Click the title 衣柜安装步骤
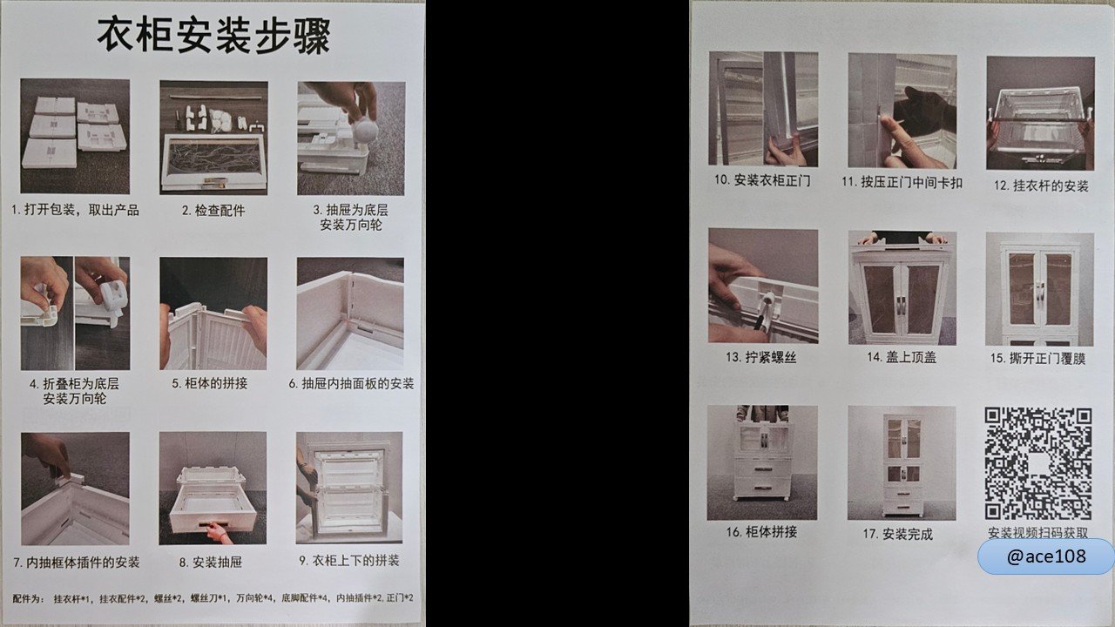(213, 36)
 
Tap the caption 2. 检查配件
(213, 211)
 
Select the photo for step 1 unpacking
(75, 137)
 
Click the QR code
(1037, 464)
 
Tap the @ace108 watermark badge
(1045, 556)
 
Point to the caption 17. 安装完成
(897, 535)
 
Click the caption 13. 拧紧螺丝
(761, 357)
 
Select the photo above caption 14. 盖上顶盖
(902, 287)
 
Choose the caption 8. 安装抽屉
(211, 563)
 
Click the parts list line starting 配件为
(213, 598)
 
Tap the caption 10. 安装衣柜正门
(762, 180)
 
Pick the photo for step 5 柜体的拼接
(213, 313)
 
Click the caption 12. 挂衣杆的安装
(1041, 186)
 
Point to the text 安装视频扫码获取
(1037, 532)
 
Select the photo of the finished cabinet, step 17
(902, 462)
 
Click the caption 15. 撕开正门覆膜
(1037, 358)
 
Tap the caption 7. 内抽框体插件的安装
(76, 563)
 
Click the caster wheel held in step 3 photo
(365, 131)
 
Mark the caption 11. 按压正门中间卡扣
(902, 182)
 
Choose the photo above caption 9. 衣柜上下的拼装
(349, 488)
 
